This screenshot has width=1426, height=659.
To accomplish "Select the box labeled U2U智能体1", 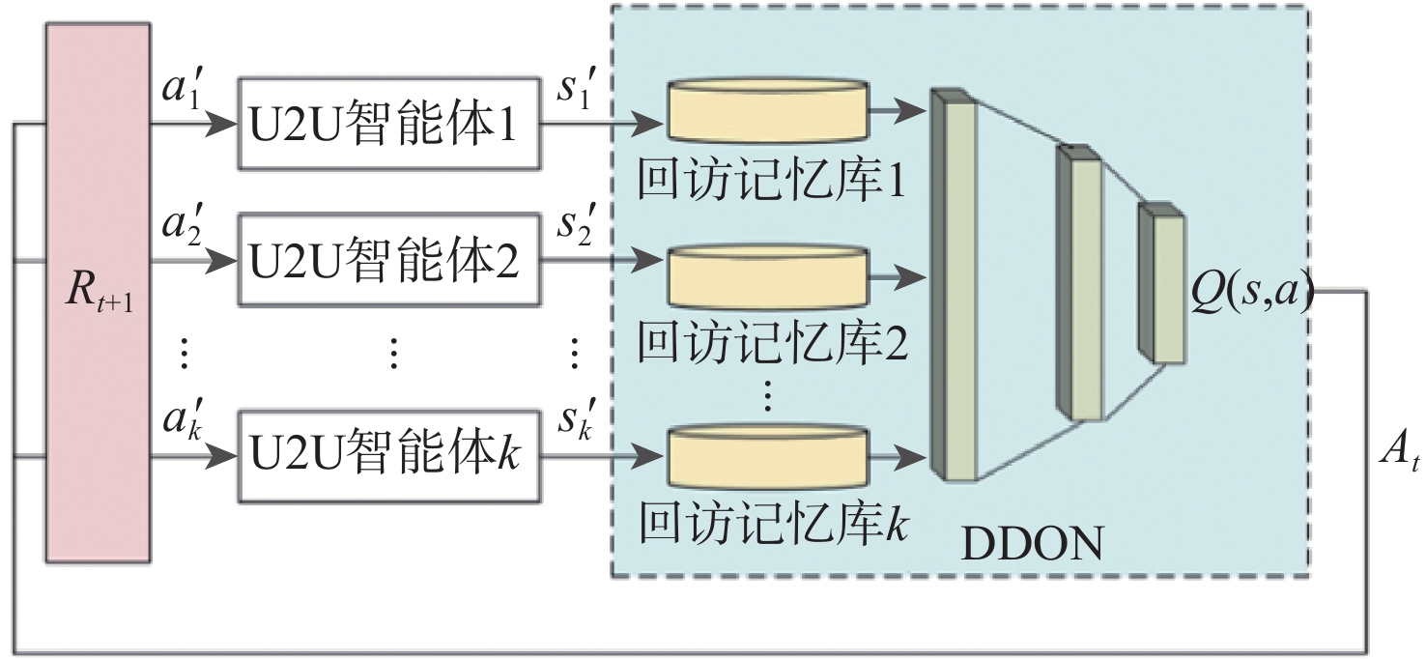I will [x=389, y=124].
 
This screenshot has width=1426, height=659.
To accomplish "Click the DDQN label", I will [x=1031, y=545].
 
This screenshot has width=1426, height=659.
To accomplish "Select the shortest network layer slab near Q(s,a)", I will [x=1163, y=285].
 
